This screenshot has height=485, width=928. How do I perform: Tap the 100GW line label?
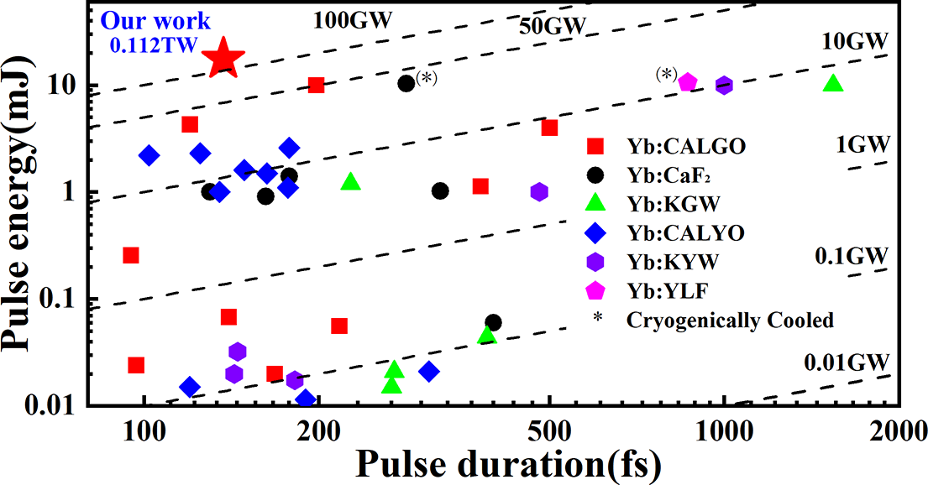pyautogui.click(x=353, y=19)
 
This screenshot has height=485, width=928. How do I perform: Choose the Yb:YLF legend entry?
pyautogui.click(x=649, y=290)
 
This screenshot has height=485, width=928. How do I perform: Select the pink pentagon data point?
pyautogui.click(x=688, y=81)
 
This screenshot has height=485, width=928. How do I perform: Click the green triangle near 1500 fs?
pyautogui.click(x=833, y=83)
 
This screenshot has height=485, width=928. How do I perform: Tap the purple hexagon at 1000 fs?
pyautogui.click(x=724, y=85)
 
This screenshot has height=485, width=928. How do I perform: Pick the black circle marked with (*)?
pyautogui.click(x=406, y=83)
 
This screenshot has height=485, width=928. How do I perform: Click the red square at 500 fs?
pyautogui.click(x=550, y=128)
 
